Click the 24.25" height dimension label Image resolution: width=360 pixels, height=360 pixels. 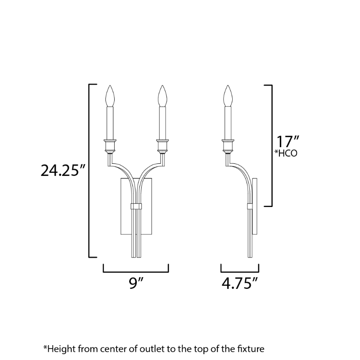(x=63, y=171)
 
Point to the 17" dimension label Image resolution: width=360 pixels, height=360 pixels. (x=288, y=141)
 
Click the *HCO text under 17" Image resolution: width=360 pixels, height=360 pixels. (x=286, y=153)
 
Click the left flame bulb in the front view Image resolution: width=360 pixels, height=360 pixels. (x=110, y=96)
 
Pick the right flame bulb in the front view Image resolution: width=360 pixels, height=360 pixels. (x=162, y=96)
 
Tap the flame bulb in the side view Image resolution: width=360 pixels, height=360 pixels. (x=228, y=96)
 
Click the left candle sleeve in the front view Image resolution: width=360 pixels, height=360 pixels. (x=110, y=123)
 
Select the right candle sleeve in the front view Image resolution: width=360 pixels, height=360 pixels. (x=162, y=123)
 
